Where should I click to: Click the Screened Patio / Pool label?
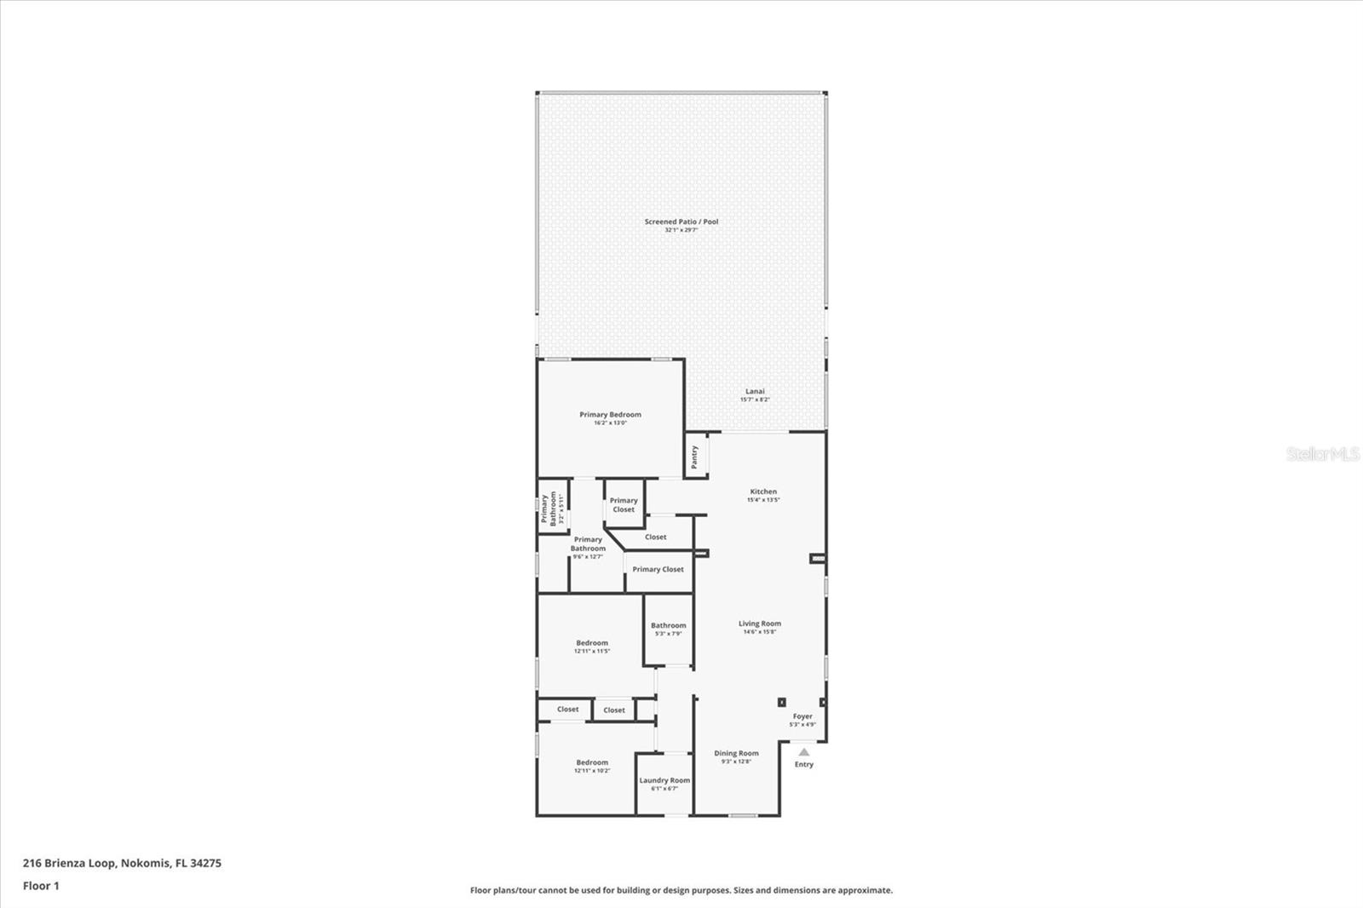[681, 221]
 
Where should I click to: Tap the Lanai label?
[755, 392]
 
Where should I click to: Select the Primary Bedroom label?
[610, 415]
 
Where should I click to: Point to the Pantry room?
[695, 457]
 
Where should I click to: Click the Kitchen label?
[763, 491]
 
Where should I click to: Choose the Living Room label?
[759, 624]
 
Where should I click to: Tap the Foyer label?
[802, 716]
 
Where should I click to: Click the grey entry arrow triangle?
[803, 752]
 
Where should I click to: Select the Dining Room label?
[736, 753]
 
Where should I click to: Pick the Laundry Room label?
[664, 780]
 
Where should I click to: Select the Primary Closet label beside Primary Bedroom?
[624, 505]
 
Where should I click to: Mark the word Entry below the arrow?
[804, 764]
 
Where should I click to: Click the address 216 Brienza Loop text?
[122, 863]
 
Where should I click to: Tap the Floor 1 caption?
[41, 886]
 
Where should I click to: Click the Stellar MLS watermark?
[1323, 454]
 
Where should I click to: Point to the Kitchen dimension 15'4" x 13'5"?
[763, 500]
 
